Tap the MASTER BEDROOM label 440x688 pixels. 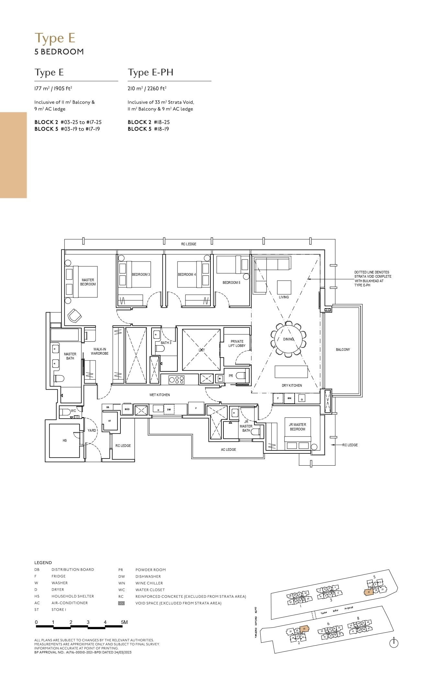[x=88, y=282]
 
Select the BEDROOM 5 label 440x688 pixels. [x=231, y=283]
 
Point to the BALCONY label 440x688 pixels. [x=343, y=350]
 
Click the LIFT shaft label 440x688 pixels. [x=201, y=350]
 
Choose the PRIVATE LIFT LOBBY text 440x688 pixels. [x=237, y=343]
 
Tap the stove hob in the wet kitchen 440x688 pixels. [x=177, y=380]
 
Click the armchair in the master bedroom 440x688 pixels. [x=74, y=316]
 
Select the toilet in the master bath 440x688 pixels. [x=59, y=378]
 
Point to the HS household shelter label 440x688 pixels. [x=64, y=440]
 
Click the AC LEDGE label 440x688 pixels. [x=228, y=449]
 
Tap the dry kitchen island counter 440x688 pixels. [x=291, y=372]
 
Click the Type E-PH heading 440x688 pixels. [x=151, y=72]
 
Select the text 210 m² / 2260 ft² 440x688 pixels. [x=147, y=88]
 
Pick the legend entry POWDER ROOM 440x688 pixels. [x=150, y=570]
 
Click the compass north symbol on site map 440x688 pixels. [x=394, y=643]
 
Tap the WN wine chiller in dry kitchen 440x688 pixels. [x=289, y=398]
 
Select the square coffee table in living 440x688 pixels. [x=284, y=287]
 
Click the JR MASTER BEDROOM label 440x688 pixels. [x=297, y=427]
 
